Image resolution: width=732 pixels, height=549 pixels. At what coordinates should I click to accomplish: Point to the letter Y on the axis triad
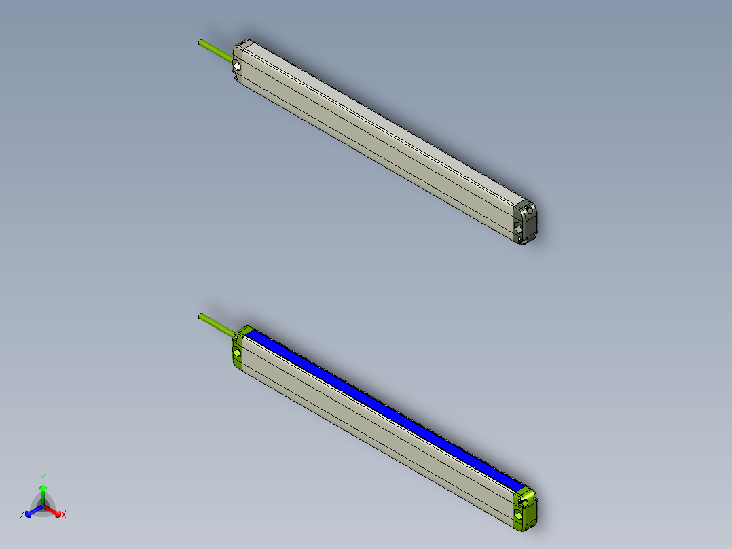[x=43, y=477]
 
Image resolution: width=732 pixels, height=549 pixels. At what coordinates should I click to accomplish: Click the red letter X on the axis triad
[x=64, y=515]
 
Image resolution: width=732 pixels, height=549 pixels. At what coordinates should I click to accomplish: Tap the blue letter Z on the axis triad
[x=22, y=515]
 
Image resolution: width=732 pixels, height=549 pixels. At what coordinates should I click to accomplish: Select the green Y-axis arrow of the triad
[x=43, y=492]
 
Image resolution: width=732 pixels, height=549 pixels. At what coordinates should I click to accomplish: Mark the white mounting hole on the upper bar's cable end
[x=236, y=67]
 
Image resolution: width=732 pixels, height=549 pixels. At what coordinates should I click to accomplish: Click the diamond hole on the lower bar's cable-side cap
[x=236, y=354]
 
